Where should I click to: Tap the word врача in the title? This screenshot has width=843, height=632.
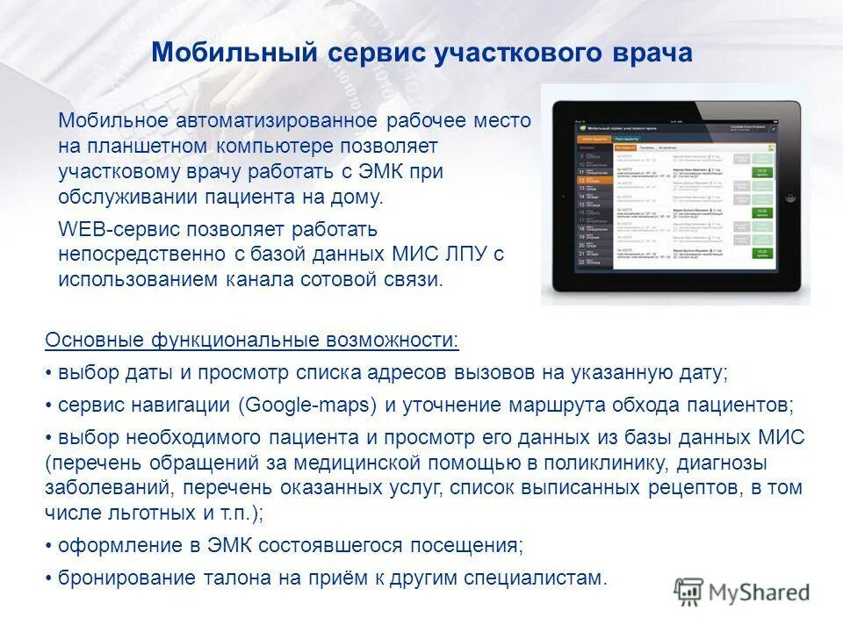coord(648,53)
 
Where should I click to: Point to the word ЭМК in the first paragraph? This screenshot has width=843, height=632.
coord(368,171)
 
